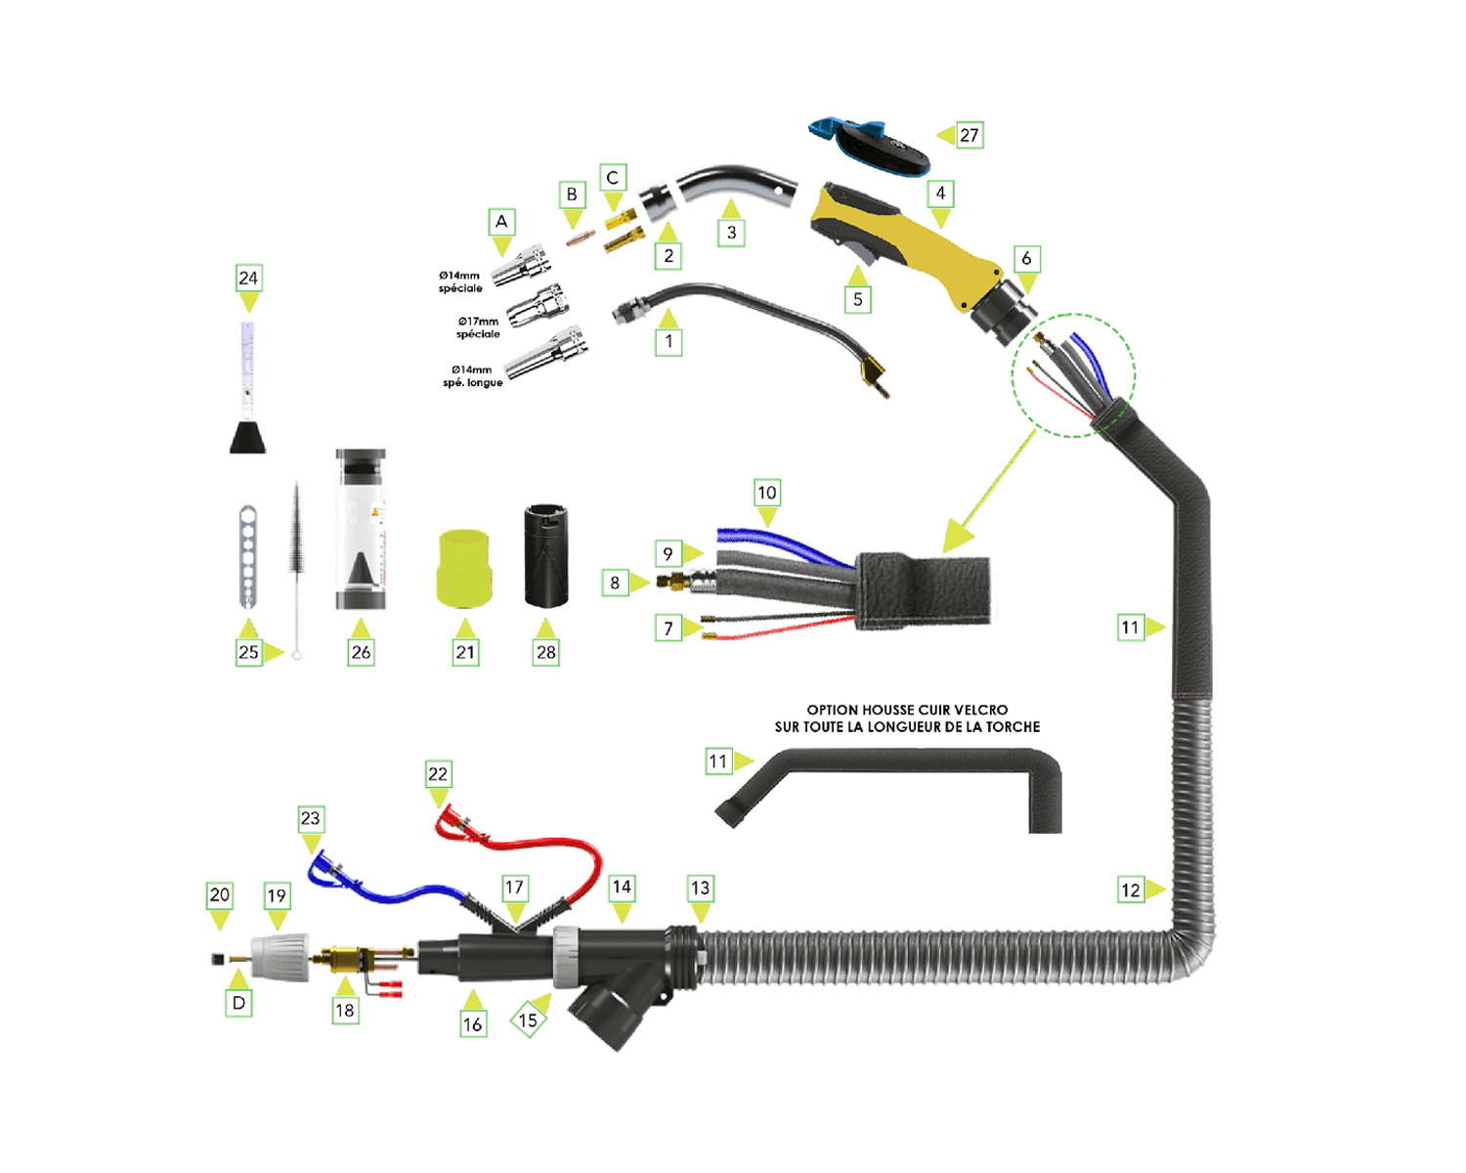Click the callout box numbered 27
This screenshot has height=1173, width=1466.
[969, 135]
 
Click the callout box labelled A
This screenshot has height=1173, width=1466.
[501, 222]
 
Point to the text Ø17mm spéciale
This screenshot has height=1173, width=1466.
[478, 327]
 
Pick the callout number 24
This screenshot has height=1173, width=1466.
[248, 278]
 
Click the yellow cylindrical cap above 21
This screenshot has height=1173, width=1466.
[464, 567]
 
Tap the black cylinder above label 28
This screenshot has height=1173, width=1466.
[546, 555]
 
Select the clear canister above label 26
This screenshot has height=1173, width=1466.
[361, 530]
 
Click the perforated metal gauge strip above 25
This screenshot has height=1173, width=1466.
[248, 557]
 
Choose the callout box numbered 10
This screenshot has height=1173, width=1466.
[767, 493]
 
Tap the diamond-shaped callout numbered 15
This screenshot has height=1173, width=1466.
[528, 1021]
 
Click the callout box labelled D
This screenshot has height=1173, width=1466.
[238, 1003]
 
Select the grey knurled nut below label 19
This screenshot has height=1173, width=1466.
[280, 958]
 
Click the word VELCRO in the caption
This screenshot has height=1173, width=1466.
[980, 710]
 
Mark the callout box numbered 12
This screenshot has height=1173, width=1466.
[1131, 890]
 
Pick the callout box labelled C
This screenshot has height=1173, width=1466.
[613, 178]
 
